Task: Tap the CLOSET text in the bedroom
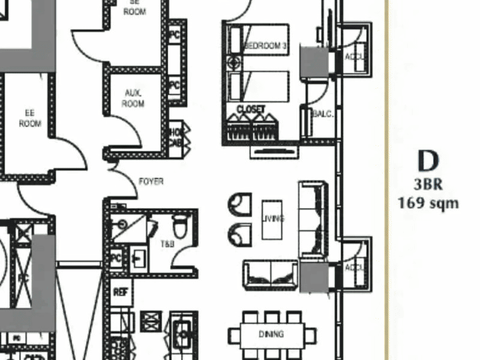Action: [x=251, y=109]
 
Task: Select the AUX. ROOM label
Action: [x=133, y=98]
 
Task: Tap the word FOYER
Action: [x=151, y=181]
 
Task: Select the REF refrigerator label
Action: [x=119, y=292]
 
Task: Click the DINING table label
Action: [x=271, y=334]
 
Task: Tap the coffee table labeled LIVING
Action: [x=272, y=219]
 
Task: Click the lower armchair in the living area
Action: [x=239, y=234]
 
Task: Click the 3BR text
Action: [x=428, y=185]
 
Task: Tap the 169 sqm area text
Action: [x=428, y=203]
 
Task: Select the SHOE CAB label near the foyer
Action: [x=176, y=137]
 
